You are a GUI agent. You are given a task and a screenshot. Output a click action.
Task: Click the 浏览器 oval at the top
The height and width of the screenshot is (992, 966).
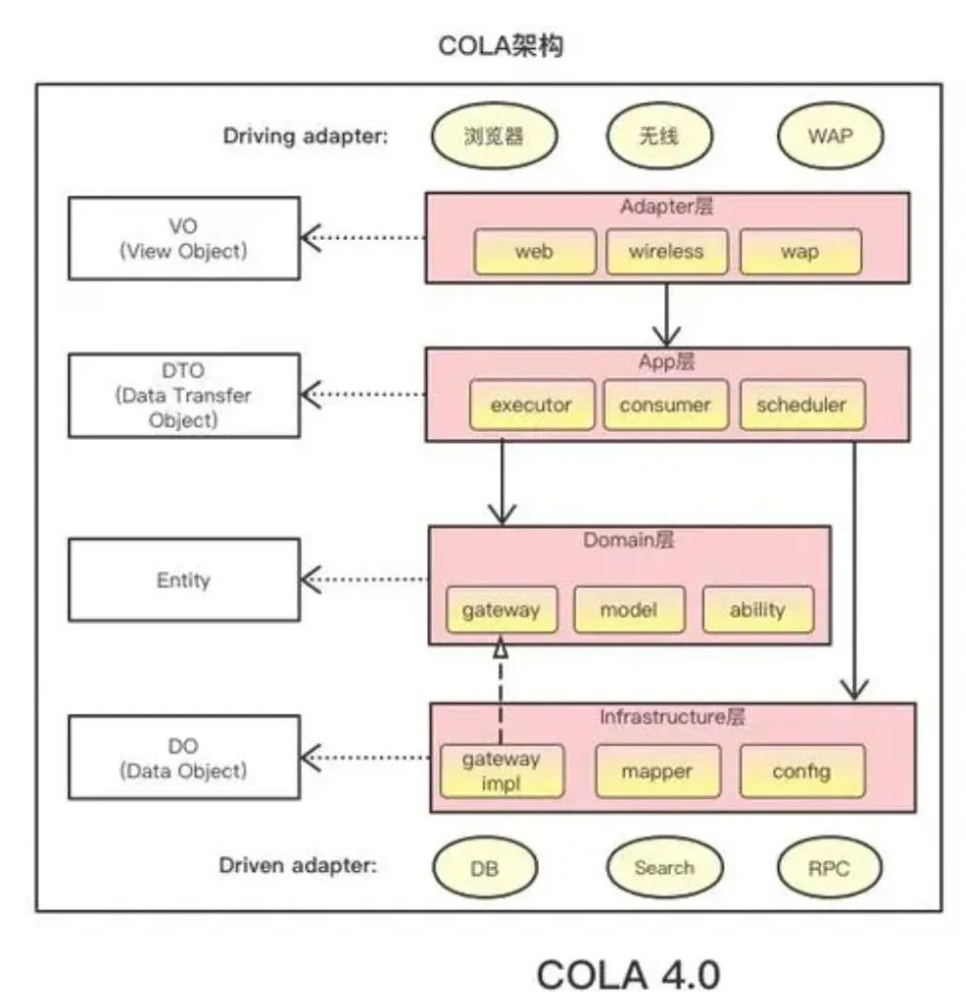pyautogui.click(x=493, y=136)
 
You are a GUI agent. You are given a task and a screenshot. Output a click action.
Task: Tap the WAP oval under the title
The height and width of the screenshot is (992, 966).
pyautogui.click(x=829, y=136)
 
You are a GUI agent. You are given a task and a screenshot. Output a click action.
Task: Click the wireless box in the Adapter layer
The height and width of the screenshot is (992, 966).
pyautogui.click(x=666, y=252)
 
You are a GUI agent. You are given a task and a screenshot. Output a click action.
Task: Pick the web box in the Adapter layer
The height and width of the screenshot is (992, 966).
pyautogui.click(x=534, y=252)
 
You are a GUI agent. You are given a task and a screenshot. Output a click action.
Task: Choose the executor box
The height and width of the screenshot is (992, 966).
pyautogui.click(x=531, y=404)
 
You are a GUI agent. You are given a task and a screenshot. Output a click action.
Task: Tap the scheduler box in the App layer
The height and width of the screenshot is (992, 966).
pyautogui.click(x=801, y=404)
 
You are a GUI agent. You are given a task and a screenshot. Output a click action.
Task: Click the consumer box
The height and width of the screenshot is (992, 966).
pyautogui.click(x=665, y=404)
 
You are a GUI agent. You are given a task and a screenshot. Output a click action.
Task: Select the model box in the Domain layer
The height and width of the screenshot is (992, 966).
pyautogui.click(x=628, y=610)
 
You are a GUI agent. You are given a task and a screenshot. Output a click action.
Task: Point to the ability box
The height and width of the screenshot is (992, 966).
pyautogui.click(x=757, y=610)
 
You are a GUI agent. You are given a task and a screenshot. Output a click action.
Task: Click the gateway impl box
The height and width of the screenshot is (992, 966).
pyautogui.click(x=502, y=771)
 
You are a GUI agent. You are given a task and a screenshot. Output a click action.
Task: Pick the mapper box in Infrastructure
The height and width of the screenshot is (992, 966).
pyautogui.click(x=657, y=772)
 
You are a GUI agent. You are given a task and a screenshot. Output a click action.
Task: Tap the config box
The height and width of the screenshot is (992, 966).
pyautogui.click(x=802, y=772)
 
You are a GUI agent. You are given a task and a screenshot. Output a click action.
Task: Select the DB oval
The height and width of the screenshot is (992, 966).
pyautogui.click(x=485, y=868)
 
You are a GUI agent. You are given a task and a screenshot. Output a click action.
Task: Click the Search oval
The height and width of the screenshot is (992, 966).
pyautogui.click(x=664, y=868)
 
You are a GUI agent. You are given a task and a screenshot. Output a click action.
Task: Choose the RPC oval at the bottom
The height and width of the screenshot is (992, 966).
pyautogui.click(x=828, y=868)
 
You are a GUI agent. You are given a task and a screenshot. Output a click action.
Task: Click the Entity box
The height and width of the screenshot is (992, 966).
pyautogui.click(x=183, y=580)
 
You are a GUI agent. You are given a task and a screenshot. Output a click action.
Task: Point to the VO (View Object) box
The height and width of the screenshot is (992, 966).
pyautogui.click(x=183, y=237)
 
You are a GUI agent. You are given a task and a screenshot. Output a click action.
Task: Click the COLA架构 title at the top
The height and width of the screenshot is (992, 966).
pyautogui.click(x=501, y=46)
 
